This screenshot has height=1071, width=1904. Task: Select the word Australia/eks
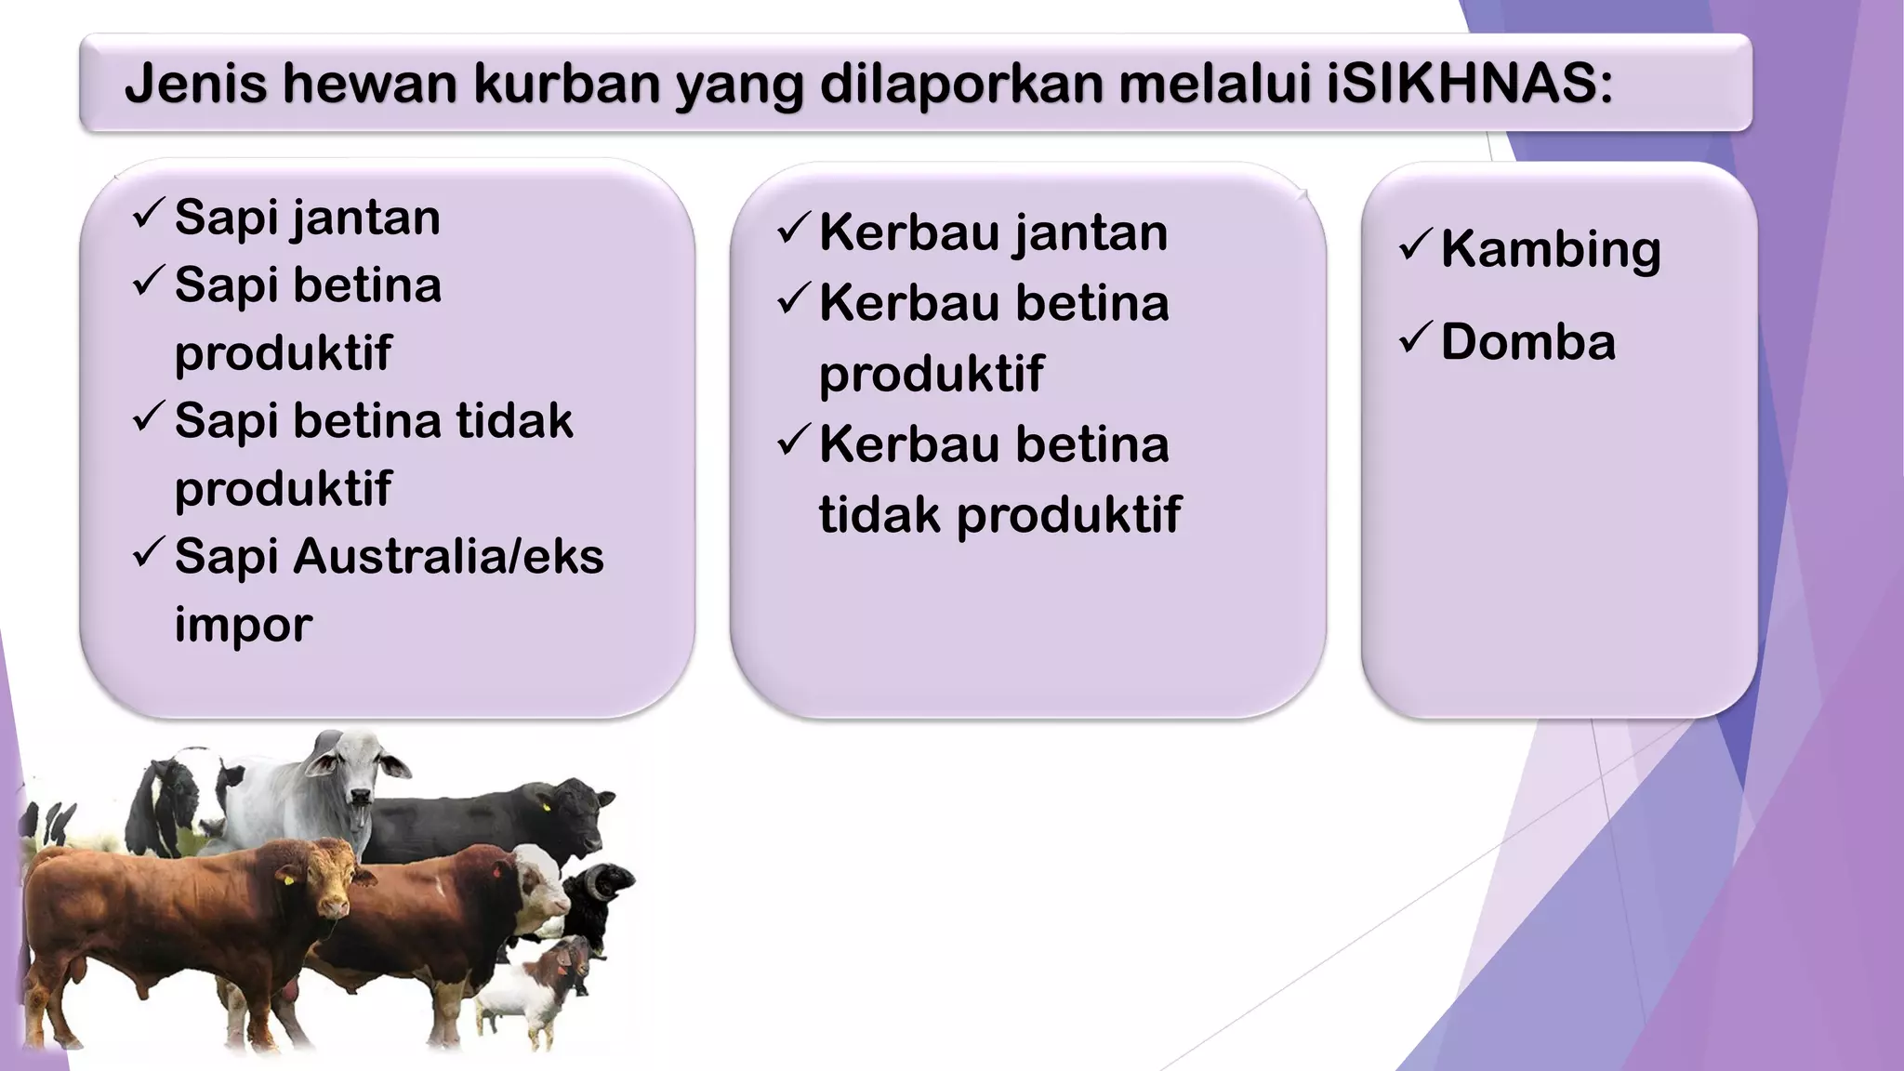tap(448, 557)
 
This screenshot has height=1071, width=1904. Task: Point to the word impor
tap(243, 625)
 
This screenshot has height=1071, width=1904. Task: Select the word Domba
tap(1527, 342)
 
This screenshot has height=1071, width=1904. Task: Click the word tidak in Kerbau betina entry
tap(879, 515)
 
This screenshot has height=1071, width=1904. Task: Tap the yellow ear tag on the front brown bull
tap(287, 876)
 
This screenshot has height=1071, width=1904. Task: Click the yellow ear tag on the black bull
tap(546, 806)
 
